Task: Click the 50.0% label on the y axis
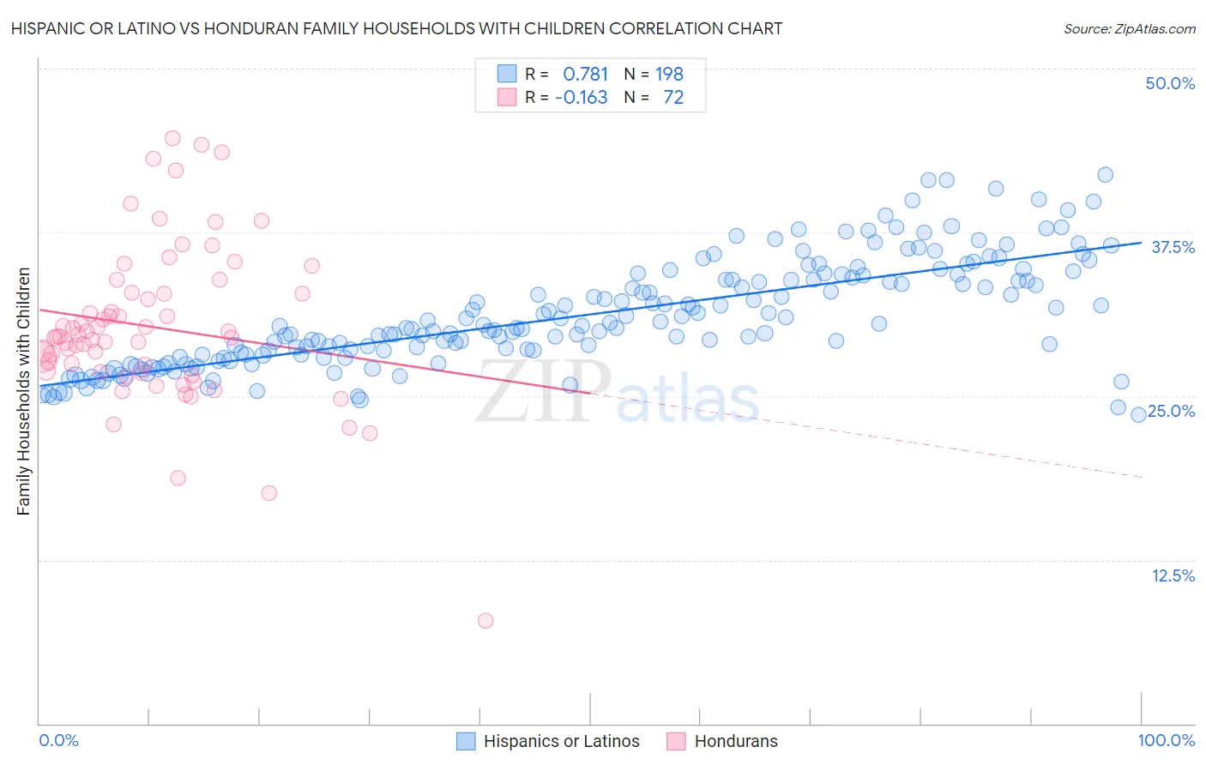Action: pos(1170,83)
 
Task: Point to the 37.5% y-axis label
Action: pos(1173,247)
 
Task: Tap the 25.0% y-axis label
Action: pos(1171,411)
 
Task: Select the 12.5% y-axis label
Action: pos(1173,575)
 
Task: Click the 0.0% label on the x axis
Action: pos(59,740)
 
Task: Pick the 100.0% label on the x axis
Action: pos(1166,740)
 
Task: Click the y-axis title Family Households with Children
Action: pos(23,391)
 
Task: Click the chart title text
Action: pos(396,28)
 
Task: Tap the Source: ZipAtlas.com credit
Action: pos(1129,28)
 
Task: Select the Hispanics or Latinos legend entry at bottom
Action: pos(561,741)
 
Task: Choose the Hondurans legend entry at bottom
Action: pos(735,741)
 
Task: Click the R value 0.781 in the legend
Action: pos(585,74)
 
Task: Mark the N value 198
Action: pos(669,74)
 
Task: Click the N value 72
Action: pos(673,98)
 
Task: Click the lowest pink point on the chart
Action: pos(485,620)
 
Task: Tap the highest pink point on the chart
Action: pos(172,138)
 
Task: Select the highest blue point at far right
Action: pos(1106,175)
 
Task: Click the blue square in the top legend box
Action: pos(507,74)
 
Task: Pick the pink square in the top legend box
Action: pos(507,98)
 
